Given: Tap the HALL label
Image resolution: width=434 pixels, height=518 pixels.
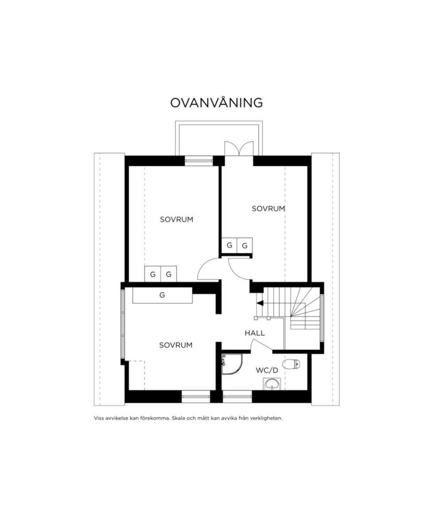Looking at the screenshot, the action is pos(255,333).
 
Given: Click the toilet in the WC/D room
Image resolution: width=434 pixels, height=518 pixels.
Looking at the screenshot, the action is pos(292,364).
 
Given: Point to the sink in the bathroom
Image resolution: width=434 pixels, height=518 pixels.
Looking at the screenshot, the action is pos(272,384).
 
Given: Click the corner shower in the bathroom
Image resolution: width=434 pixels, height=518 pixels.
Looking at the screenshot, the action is pos(232,363).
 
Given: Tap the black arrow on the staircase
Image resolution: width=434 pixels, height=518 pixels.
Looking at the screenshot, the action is pos(260,303).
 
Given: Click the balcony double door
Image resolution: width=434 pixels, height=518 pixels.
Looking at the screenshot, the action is pos(239,148).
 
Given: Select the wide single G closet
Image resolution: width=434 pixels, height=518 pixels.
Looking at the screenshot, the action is pos(162,295).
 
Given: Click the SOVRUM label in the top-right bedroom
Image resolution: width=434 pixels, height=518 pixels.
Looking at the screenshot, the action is pos(268,209).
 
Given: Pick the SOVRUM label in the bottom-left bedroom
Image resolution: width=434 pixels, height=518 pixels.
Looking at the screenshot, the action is pos(175,345).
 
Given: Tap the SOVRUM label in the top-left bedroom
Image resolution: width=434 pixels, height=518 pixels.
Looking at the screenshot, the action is pos(176,220).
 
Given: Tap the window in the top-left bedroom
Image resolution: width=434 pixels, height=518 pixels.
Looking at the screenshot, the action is pos(199,160).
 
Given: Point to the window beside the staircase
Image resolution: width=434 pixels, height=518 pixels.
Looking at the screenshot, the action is pos(322,318).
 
